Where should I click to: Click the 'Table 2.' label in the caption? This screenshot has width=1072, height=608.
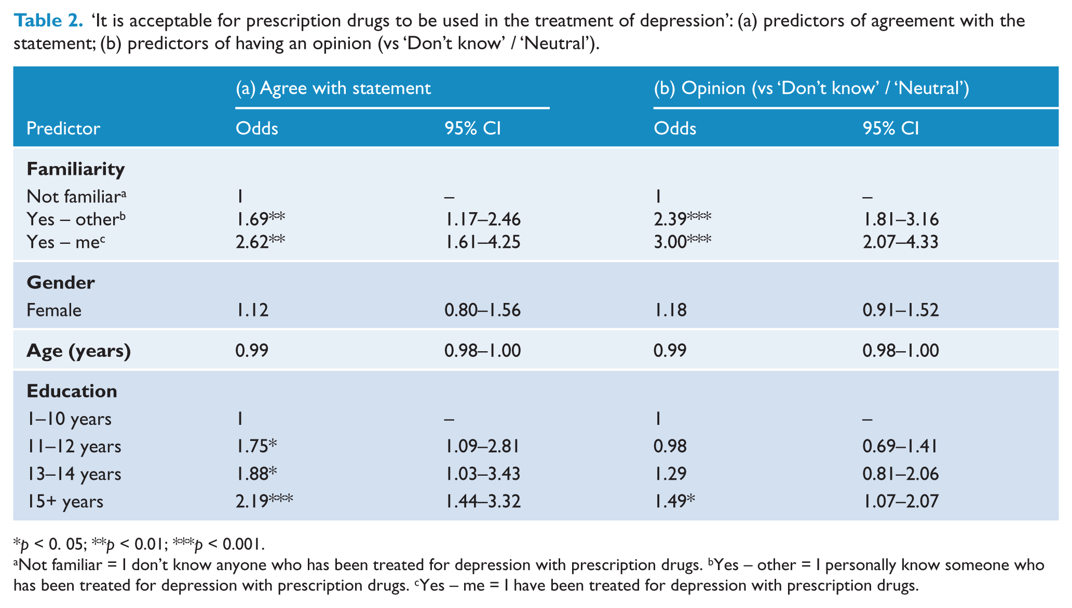click(x=48, y=21)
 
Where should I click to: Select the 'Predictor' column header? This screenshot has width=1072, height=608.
click(x=63, y=128)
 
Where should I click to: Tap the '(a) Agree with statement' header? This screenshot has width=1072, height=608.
click(x=333, y=88)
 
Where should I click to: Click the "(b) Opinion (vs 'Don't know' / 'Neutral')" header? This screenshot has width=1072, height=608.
click(x=811, y=88)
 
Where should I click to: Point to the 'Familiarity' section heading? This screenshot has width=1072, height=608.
click(x=76, y=169)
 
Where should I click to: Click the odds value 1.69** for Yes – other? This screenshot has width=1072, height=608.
click(x=261, y=219)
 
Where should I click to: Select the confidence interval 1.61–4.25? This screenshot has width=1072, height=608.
click(x=483, y=242)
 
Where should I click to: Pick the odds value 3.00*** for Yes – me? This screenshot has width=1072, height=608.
click(x=683, y=242)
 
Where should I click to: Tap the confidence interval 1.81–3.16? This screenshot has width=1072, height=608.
click(x=901, y=219)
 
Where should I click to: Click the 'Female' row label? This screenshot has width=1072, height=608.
click(x=54, y=310)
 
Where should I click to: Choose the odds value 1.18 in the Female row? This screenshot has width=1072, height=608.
click(x=670, y=310)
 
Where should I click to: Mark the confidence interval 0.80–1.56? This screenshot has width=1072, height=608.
click(x=483, y=310)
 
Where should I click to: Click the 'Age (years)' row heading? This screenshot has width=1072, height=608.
click(x=79, y=351)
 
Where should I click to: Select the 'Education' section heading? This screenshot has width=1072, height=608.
click(x=72, y=391)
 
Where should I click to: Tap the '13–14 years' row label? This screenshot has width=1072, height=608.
click(x=74, y=474)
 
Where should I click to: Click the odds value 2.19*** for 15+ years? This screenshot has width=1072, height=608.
click(x=264, y=501)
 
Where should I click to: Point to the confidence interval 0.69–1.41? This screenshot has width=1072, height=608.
click(x=900, y=446)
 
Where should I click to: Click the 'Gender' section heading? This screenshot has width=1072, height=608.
click(x=61, y=283)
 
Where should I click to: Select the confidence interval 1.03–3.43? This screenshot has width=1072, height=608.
click(x=483, y=474)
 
